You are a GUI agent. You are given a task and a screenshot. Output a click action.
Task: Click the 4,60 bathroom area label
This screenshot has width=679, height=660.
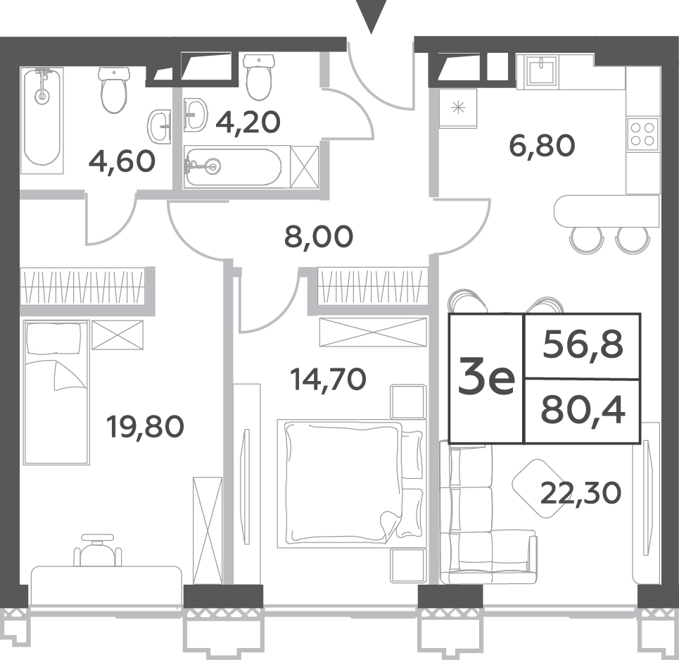(122, 161)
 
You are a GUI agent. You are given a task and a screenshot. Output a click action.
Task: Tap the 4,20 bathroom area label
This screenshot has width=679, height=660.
(248, 122)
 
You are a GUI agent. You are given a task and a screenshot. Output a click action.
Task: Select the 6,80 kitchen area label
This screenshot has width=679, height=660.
(542, 146)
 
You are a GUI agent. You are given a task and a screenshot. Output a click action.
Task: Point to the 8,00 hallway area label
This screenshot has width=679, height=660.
(319, 237)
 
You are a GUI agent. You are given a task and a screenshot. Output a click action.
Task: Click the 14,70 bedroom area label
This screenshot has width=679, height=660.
(328, 379)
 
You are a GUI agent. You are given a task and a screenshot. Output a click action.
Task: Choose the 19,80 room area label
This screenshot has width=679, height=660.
(146, 426)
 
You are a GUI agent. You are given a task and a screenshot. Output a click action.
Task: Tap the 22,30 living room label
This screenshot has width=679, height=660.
(580, 493)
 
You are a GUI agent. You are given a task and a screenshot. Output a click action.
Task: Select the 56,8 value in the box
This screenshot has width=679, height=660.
(583, 345)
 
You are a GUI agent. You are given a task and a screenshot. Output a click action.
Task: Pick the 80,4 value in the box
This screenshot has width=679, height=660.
(583, 411)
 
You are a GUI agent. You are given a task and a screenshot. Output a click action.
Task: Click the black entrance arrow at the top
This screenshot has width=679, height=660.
(371, 16)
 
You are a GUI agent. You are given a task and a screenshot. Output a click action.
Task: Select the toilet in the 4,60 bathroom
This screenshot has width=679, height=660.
(114, 89)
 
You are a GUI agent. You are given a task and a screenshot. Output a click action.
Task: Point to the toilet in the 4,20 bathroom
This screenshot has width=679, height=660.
(260, 77)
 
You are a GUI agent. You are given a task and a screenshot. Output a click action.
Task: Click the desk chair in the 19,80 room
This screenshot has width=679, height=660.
(97, 550)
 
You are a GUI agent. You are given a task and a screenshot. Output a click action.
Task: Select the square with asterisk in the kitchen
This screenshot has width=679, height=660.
(458, 108)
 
